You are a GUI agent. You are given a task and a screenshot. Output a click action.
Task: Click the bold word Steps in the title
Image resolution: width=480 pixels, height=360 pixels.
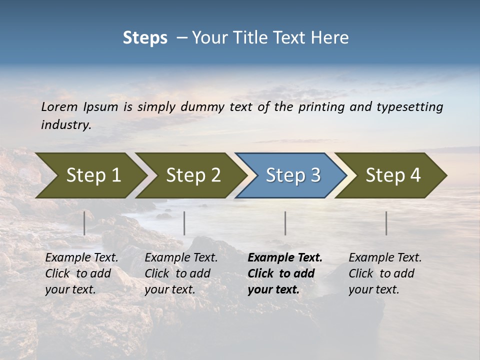[x=145, y=38]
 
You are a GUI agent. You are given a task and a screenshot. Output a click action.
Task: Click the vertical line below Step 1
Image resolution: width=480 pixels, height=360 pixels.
[x=84, y=223]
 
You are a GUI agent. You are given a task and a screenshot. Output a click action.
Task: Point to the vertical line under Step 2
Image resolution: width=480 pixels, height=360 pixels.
[x=184, y=223]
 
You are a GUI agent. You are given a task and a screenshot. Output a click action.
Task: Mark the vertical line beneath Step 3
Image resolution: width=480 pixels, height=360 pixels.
[x=285, y=223]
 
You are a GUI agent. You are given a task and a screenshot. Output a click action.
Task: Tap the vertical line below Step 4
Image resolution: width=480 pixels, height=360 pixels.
[x=386, y=223]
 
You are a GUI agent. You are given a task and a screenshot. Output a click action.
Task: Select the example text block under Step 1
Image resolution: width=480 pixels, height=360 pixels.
[x=81, y=273]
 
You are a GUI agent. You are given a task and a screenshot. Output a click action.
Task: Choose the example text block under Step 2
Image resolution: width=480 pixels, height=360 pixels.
[x=181, y=273]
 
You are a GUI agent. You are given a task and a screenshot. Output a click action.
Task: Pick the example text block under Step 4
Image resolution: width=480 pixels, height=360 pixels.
[x=385, y=273]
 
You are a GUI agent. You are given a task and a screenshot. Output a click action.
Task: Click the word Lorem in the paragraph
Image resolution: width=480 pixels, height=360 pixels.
[x=59, y=107]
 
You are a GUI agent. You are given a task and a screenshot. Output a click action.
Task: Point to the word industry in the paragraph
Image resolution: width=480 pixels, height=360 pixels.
[x=65, y=125]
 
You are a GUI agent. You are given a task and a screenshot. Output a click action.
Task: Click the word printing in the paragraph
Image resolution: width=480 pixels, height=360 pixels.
[x=320, y=107]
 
